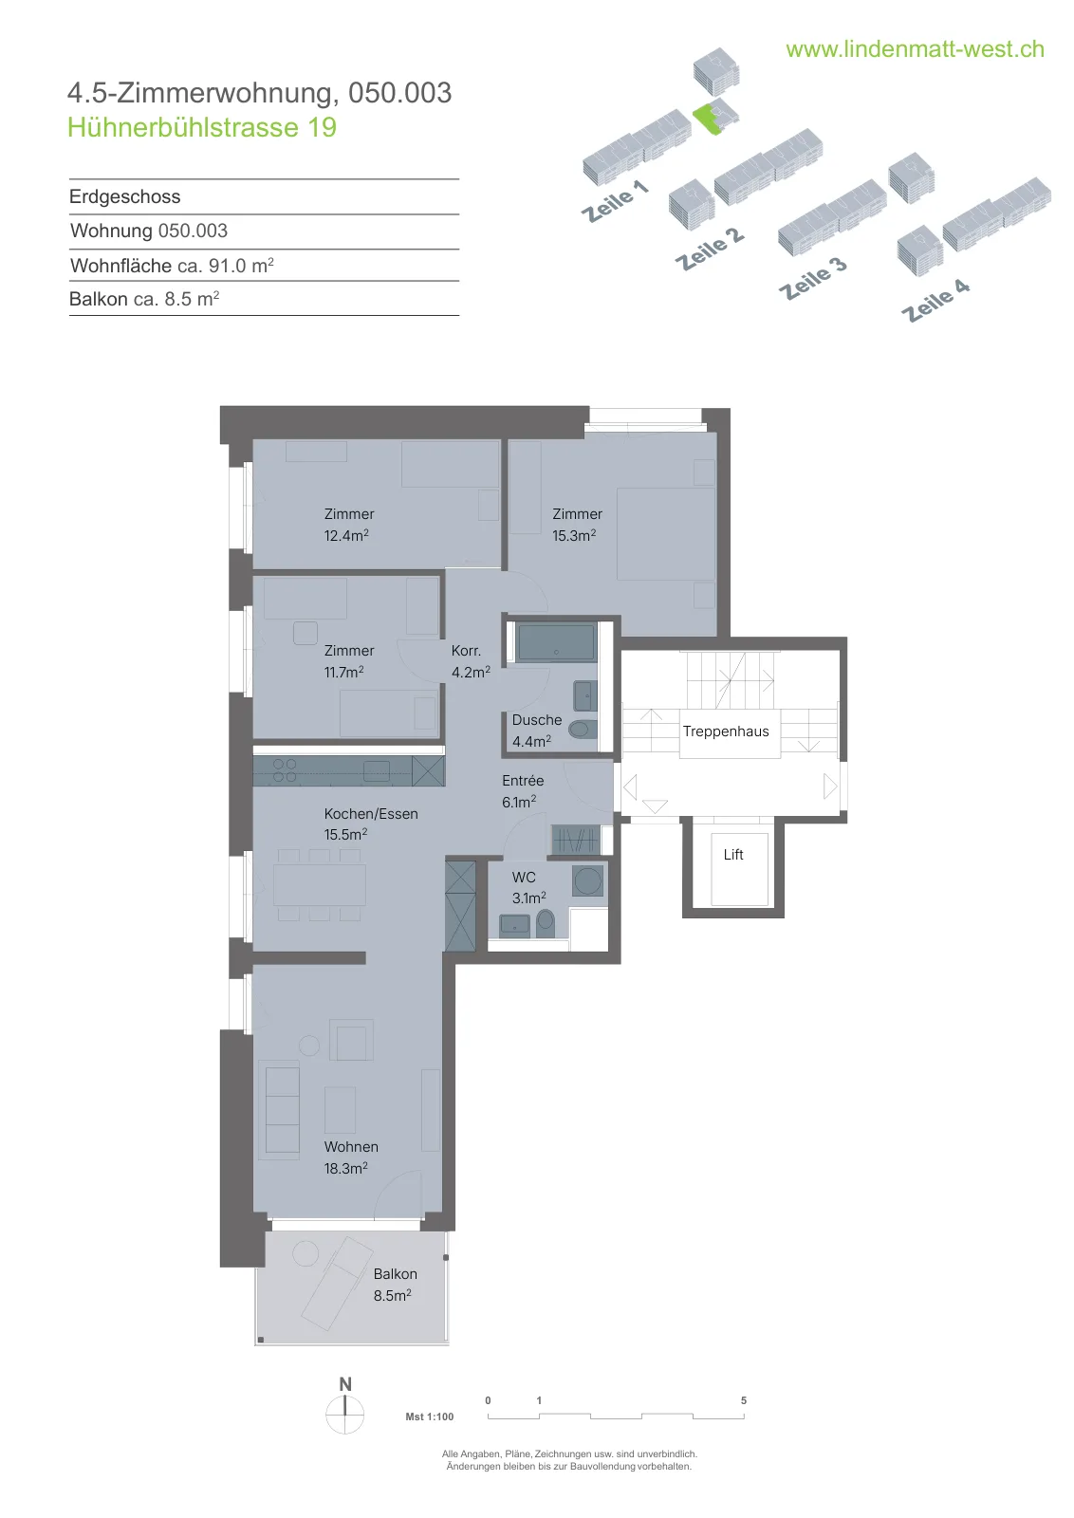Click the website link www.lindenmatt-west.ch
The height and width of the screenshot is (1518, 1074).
915,49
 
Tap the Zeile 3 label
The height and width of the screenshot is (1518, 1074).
813,278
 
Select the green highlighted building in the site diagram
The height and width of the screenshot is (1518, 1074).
709,119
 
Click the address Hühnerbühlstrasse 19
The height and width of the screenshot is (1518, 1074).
202,127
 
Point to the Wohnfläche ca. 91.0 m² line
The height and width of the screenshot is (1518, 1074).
172,265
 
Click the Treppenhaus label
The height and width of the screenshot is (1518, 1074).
726,731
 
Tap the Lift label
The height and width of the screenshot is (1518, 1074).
733,855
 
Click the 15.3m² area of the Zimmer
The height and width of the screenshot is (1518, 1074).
574,535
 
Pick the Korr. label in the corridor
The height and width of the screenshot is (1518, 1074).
466,651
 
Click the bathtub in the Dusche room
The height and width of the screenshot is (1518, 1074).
556,641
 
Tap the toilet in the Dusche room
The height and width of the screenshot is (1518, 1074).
583,730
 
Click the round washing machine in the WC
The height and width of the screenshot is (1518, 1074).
588,881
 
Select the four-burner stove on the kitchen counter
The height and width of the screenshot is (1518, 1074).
285,770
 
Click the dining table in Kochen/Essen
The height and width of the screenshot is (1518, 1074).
319,884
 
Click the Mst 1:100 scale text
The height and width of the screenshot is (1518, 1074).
430,1416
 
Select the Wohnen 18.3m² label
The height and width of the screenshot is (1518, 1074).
350,1157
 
